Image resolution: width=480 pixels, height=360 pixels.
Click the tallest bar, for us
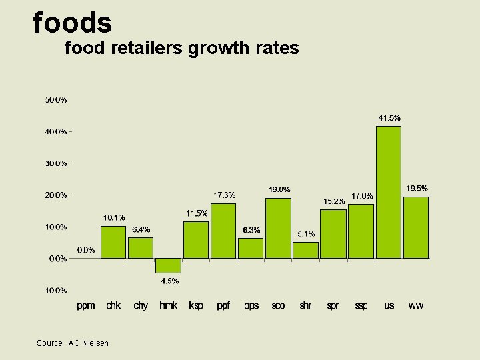[389, 192]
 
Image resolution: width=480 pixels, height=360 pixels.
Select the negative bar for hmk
[168, 265]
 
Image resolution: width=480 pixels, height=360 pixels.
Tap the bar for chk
[113, 242]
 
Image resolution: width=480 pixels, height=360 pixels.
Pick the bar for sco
[278, 228]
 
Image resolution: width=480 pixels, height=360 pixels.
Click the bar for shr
[305, 250]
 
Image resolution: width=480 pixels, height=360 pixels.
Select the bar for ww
[416, 227]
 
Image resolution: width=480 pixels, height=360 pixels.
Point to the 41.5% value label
[389, 118]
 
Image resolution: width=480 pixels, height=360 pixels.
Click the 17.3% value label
[224, 195]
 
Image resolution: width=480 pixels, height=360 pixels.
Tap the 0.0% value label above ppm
[86, 250]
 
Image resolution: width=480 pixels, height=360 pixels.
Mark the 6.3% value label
[251, 230]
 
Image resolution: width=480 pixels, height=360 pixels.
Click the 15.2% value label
[334, 201]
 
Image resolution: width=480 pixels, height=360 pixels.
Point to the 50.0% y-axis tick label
[56, 100]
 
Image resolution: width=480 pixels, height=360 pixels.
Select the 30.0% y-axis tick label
[56, 163]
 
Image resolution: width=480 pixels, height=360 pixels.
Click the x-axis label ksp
[196, 305]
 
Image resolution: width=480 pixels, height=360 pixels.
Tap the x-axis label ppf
[224, 305]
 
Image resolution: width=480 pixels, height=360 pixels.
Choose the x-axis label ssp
[361, 305]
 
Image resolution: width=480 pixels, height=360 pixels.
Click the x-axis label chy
[141, 305]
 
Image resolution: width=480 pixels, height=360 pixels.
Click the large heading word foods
[72, 23]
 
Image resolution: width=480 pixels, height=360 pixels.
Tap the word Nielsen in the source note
[94, 343]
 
